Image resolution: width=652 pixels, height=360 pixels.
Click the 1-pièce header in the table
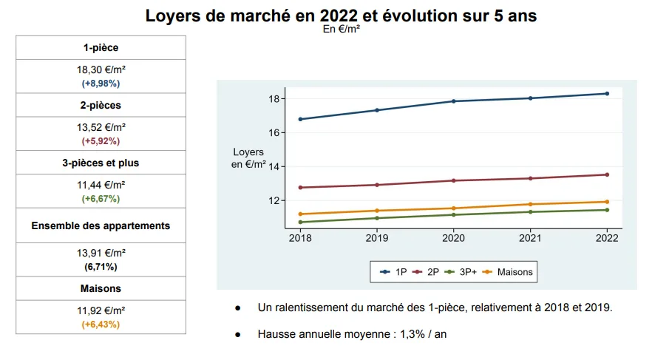(x=101, y=47)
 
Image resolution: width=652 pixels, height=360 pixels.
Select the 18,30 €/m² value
(x=101, y=69)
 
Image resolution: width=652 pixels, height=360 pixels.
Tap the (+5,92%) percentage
(x=101, y=140)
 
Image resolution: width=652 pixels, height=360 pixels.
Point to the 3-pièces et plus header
(x=101, y=163)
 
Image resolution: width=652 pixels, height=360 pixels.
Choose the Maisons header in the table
(x=101, y=288)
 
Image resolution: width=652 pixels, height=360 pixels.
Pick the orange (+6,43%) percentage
(x=101, y=324)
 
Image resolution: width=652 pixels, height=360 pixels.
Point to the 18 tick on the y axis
(x=273, y=99)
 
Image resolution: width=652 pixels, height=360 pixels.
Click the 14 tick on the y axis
(x=273, y=167)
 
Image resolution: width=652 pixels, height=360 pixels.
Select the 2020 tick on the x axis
(x=453, y=238)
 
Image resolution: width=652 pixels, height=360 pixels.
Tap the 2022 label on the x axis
(x=607, y=238)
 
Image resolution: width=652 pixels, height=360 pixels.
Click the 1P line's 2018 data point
(x=300, y=119)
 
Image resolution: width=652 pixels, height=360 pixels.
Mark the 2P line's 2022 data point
(x=607, y=174)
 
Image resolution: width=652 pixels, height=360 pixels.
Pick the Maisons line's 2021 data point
(x=530, y=204)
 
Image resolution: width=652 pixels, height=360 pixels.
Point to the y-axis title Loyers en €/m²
(x=248, y=158)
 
